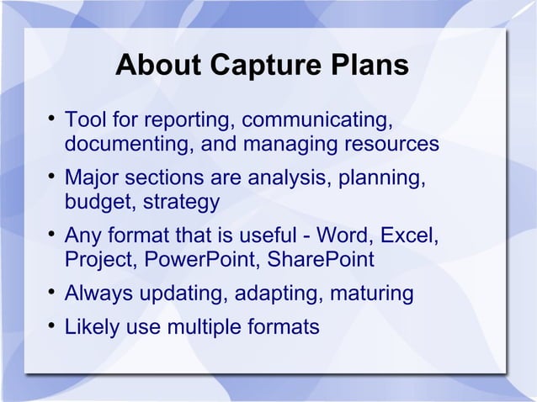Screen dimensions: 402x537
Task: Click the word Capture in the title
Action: click(262, 66)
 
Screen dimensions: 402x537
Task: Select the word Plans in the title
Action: click(369, 66)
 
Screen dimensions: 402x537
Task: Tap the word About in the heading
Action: click(156, 66)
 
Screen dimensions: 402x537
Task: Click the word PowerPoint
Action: click(198, 260)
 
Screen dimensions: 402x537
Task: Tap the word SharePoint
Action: click(320, 260)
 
